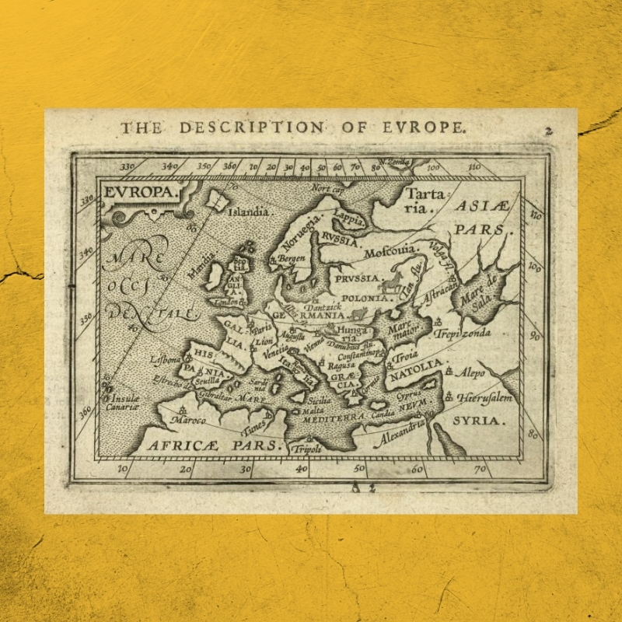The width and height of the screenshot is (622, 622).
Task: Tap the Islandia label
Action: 248,211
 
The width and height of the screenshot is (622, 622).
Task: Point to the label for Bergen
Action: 292,258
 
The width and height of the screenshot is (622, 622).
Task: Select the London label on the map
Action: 226,301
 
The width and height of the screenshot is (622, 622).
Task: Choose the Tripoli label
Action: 305,449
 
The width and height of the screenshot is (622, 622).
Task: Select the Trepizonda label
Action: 463,334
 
